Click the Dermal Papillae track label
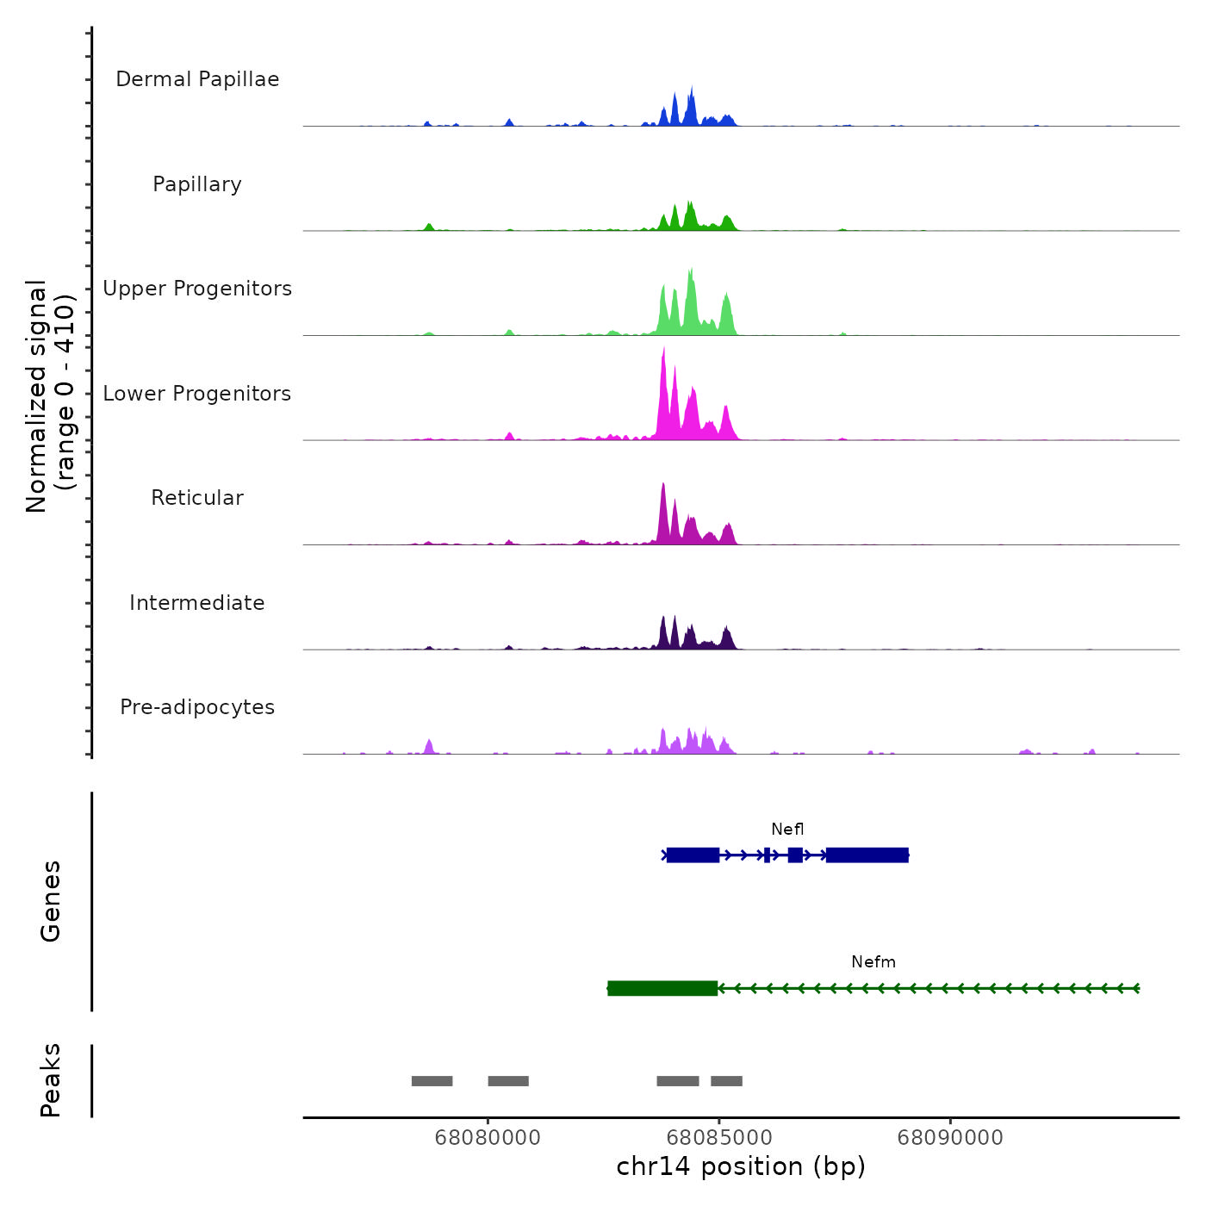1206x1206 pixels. (197, 79)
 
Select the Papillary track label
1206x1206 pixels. (197, 184)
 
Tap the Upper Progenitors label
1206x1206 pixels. (197, 289)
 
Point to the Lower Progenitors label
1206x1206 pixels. (197, 394)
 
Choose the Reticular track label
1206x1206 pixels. (197, 498)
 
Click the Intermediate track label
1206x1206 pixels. (197, 603)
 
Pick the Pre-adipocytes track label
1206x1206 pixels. (197, 707)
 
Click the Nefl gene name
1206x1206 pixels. (787, 830)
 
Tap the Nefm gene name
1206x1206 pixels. (873, 962)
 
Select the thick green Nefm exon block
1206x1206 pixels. (662, 988)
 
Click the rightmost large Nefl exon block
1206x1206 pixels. (867, 855)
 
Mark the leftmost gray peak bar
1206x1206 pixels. (432, 1081)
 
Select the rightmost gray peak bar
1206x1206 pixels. (726, 1081)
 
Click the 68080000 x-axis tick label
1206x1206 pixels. (488, 1138)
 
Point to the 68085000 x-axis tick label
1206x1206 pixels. (718, 1138)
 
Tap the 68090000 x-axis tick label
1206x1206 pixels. (950, 1138)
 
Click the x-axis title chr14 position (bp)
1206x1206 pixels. (741, 1166)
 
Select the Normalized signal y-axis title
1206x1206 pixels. (50, 395)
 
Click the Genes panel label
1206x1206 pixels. (51, 901)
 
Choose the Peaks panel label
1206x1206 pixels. (51, 1080)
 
